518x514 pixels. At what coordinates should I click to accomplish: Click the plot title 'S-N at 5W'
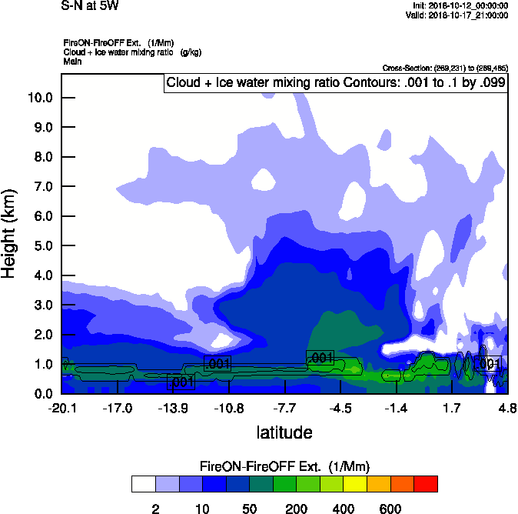(x=89, y=6)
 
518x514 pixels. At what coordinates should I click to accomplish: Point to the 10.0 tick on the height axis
(x=38, y=98)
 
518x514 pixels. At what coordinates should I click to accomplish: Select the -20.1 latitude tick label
(x=61, y=409)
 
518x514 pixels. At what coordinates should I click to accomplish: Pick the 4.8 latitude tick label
(x=506, y=409)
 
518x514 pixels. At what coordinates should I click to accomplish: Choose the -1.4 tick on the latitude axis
(x=396, y=409)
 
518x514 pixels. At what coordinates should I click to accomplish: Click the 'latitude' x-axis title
(x=284, y=432)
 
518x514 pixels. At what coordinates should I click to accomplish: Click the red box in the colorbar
(x=426, y=483)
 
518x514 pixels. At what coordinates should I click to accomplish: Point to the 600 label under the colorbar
(x=390, y=509)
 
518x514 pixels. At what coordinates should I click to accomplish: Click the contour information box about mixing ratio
(x=336, y=83)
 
